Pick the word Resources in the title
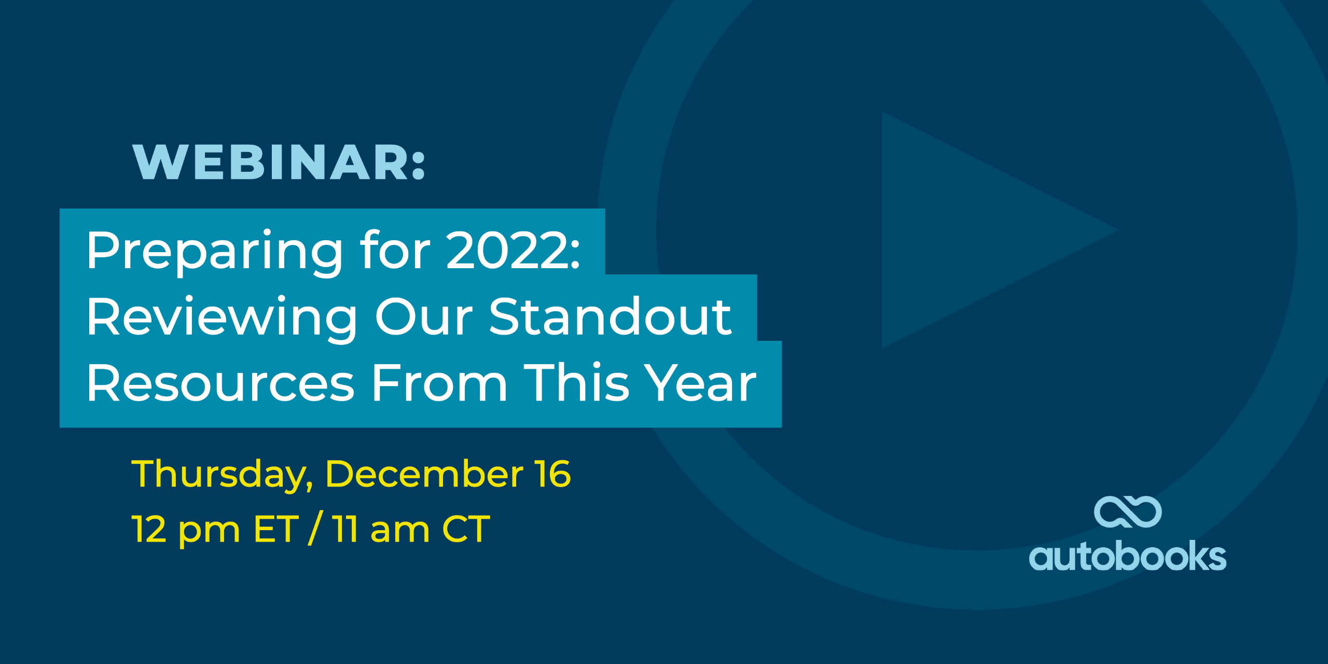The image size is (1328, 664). pyautogui.click(x=220, y=383)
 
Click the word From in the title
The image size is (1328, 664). pyautogui.click(x=439, y=383)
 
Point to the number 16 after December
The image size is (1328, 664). pyautogui.click(x=554, y=474)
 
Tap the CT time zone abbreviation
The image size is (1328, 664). pyautogui.click(x=465, y=530)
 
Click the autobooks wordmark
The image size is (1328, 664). pyautogui.click(x=1127, y=556)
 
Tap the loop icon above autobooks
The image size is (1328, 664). pyautogui.click(x=1128, y=512)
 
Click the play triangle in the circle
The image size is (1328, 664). pyautogui.click(x=975, y=230)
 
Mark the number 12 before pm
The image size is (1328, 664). pyautogui.click(x=149, y=530)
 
